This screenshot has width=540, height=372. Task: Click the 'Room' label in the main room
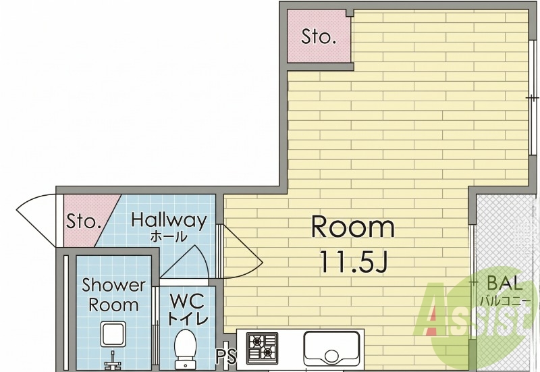click(x=353, y=227)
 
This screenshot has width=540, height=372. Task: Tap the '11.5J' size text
click(x=354, y=261)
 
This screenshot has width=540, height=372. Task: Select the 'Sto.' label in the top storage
click(x=319, y=36)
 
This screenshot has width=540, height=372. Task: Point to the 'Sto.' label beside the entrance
click(x=84, y=221)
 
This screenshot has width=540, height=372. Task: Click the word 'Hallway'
click(x=169, y=220)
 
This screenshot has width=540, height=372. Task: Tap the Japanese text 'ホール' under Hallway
click(x=169, y=236)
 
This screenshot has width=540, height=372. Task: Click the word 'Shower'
click(x=114, y=285)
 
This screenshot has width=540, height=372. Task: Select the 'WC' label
click(x=188, y=301)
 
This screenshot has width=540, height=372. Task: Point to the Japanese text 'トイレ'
click(x=188, y=318)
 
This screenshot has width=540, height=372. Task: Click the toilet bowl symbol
click(x=185, y=348)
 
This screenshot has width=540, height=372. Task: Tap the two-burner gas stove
click(x=262, y=348)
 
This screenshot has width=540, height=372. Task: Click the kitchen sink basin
click(x=331, y=348)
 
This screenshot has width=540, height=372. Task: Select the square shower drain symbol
click(x=113, y=334)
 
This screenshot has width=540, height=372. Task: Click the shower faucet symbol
click(x=113, y=359)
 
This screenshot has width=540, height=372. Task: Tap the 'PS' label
click(x=227, y=356)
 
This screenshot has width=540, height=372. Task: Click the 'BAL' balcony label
click(x=505, y=284)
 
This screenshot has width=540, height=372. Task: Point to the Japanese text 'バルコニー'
click(x=506, y=301)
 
